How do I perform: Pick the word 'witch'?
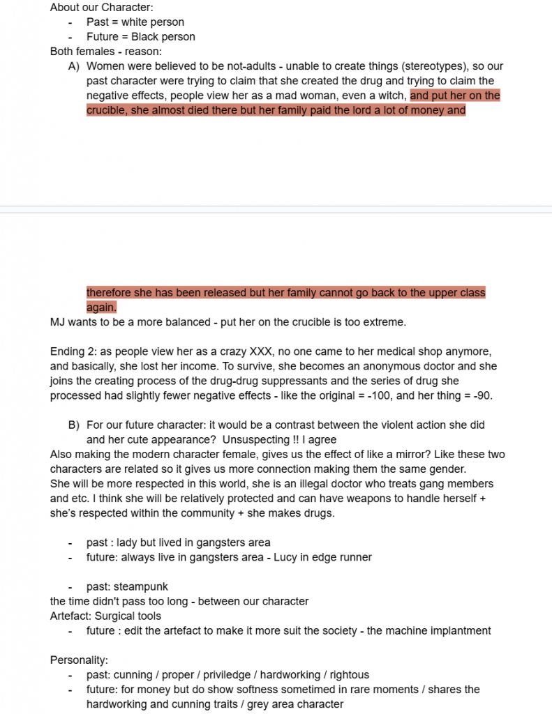391,96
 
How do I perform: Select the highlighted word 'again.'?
101,307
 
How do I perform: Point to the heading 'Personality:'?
79,660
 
